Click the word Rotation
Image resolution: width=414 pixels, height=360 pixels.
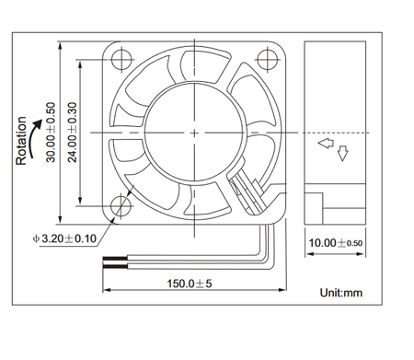pos(21,141)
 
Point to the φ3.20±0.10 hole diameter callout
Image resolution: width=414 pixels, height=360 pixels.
pos(65,239)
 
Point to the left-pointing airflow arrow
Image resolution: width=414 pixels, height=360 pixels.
pos(325,145)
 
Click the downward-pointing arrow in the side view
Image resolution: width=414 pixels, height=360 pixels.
pos(343,153)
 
